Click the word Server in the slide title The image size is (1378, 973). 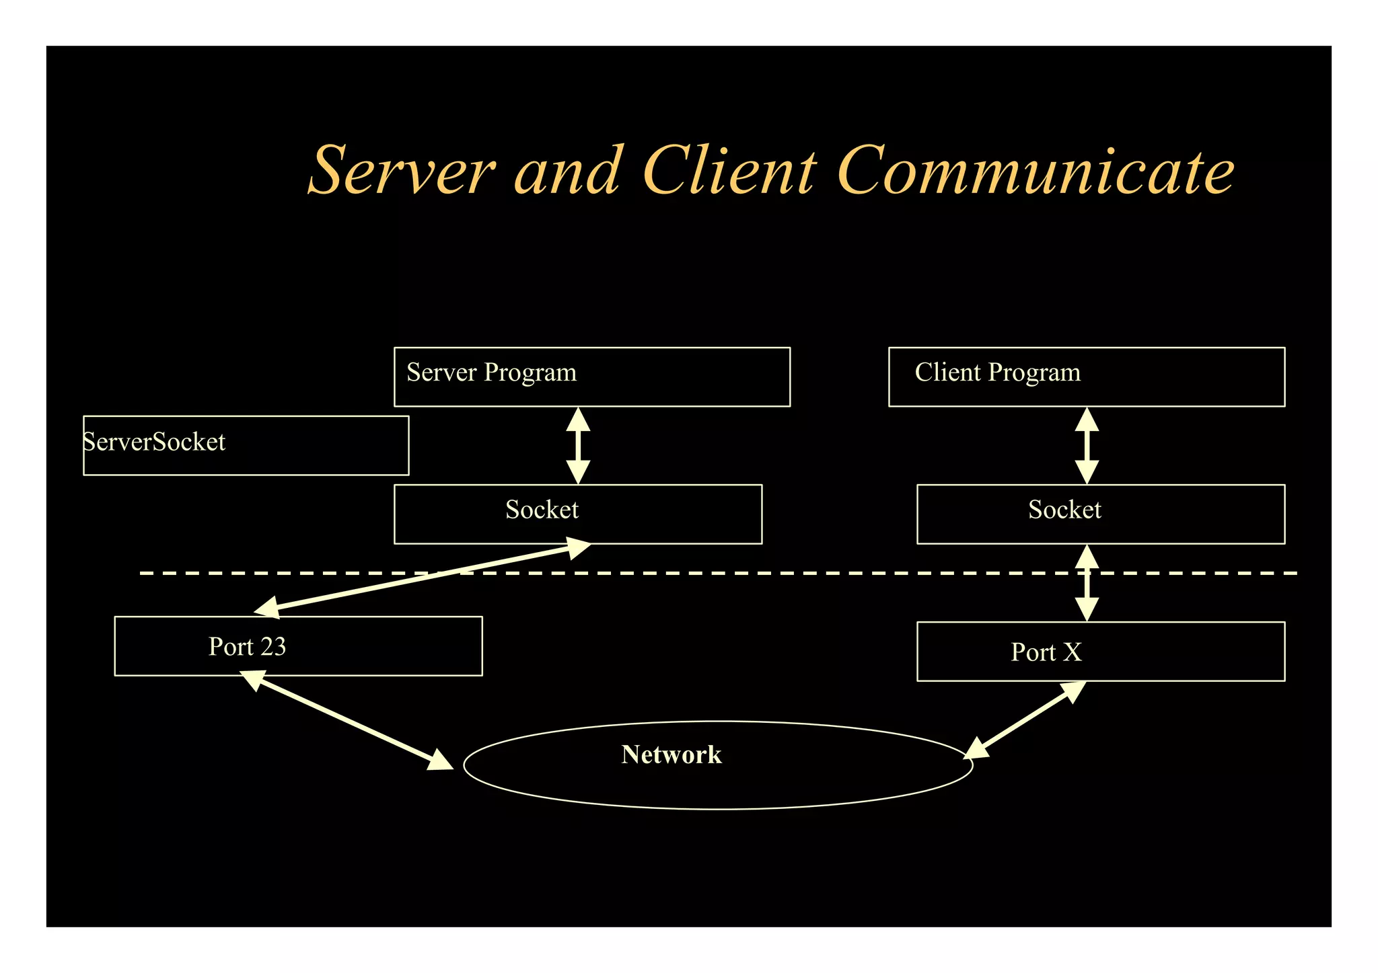402,171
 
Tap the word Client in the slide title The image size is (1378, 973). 729,171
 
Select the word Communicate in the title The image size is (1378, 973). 1036,171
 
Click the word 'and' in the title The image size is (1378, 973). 567,171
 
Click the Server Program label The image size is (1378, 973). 491,373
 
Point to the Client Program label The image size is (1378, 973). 997,373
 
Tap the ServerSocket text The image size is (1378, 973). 154,442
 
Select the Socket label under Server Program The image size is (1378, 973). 542,510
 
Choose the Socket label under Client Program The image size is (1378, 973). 1064,510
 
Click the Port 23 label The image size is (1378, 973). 247,647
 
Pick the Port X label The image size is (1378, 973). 1046,652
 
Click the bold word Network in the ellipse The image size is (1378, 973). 671,754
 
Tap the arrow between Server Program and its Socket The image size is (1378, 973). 578,445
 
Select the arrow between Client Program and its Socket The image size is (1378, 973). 1087,445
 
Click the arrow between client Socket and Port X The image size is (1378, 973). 1087,583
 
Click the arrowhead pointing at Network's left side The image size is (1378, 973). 441,761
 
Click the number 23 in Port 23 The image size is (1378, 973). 273,647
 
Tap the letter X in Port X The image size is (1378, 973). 1073,652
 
